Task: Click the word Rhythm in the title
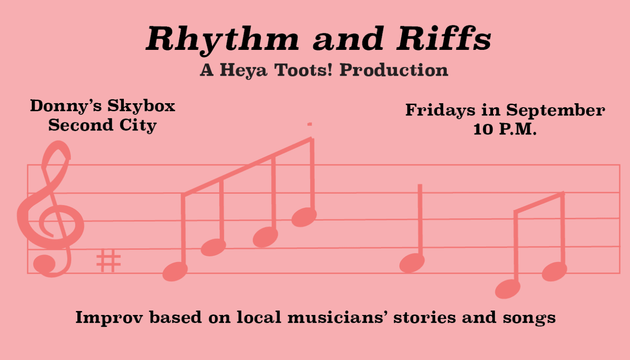point(223,39)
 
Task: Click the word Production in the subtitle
point(394,70)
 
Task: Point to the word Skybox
point(141,106)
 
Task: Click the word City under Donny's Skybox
point(138,126)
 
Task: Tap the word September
point(556,110)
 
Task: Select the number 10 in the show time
point(483,129)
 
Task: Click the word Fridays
point(440,110)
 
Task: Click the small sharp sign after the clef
point(108,260)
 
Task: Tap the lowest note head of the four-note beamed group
point(175,271)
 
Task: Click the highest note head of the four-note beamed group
point(304,217)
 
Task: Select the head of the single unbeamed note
point(412,263)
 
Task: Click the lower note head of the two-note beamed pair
point(507,289)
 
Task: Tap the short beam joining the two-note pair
point(539,202)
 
